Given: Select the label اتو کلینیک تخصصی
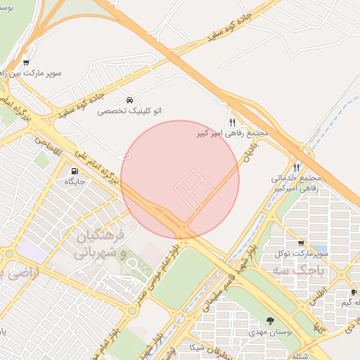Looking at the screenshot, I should click(x=129, y=111).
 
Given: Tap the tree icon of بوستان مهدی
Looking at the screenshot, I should click(x=271, y=320).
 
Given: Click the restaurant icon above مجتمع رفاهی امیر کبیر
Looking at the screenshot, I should click(x=231, y=122).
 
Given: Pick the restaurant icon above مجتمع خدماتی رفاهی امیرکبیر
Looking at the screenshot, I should click(x=296, y=167).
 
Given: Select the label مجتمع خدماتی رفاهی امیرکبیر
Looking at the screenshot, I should click(x=296, y=184).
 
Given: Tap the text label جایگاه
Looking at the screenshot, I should click(x=75, y=182).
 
